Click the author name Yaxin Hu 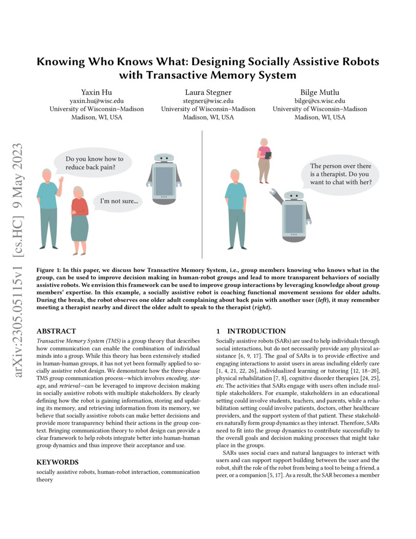pos(97,92)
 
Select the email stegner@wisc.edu pos(208,100)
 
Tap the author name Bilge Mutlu pos(320,92)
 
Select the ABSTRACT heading pos(56,331)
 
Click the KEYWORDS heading pos(57,462)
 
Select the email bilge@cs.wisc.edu pos(320,100)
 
